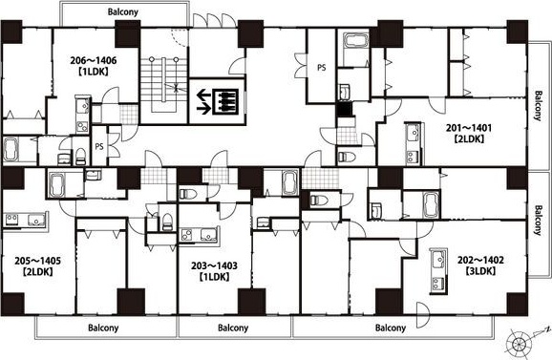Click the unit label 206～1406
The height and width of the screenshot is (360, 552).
(x=93, y=60)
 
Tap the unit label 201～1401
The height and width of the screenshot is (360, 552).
(x=469, y=128)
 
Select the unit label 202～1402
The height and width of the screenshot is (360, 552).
(x=480, y=260)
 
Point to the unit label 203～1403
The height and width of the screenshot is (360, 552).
(x=214, y=265)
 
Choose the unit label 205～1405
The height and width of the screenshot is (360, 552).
(x=37, y=261)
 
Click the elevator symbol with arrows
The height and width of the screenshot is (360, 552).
(x=218, y=102)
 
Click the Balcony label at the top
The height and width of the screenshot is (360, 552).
(x=123, y=12)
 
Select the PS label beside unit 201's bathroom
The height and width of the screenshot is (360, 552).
(x=322, y=67)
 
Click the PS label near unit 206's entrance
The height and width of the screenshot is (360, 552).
(x=99, y=146)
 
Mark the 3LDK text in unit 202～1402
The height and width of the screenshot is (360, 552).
(x=480, y=271)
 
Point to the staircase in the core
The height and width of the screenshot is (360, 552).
(x=164, y=84)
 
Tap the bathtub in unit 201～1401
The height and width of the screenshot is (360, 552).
(x=356, y=41)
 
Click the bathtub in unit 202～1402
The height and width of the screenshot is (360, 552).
(x=432, y=205)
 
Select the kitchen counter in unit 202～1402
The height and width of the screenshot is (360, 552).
(x=438, y=271)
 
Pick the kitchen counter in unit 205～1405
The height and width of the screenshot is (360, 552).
(x=25, y=220)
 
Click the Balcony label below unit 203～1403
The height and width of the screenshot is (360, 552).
(x=233, y=328)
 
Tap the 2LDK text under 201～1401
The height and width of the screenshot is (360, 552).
(x=469, y=138)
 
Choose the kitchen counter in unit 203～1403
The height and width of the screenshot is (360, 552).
(x=200, y=235)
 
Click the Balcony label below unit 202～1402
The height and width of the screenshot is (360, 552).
(x=391, y=328)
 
